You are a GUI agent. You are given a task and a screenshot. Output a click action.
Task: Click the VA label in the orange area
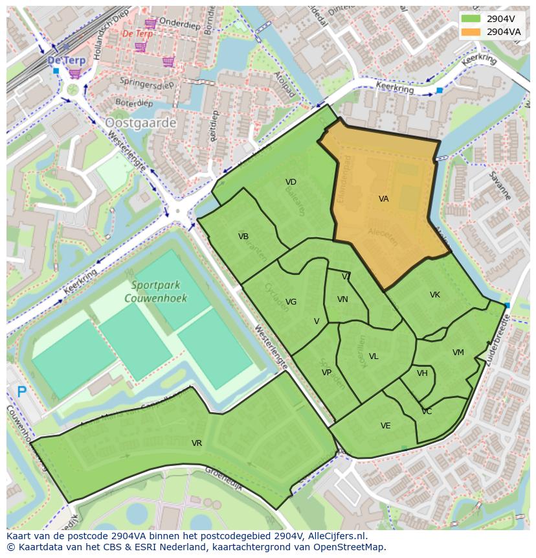point(384,199)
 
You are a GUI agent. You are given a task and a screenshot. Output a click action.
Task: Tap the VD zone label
point(291,182)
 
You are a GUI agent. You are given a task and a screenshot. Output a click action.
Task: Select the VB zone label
point(243,237)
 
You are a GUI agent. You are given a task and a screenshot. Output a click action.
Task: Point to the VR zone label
point(197,443)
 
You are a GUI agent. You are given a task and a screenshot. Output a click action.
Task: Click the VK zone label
point(435,295)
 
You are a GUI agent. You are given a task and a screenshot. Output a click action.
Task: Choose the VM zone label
point(458,353)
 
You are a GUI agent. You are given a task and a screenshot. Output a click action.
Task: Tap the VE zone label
point(386,426)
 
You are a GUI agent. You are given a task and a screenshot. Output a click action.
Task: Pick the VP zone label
point(326,373)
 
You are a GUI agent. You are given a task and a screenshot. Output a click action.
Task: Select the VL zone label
point(374,356)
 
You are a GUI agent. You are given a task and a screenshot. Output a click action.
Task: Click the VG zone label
point(291,302)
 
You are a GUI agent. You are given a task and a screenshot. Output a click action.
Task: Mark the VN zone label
point(342,299)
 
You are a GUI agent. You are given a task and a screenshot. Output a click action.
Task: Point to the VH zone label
point(422,373)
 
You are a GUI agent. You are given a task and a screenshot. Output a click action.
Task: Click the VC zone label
point(427,412)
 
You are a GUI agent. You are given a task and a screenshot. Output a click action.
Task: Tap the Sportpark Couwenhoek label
point(159,292)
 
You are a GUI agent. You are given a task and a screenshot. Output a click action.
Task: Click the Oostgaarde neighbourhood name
point(140,122)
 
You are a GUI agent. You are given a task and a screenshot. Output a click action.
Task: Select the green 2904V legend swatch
point(471,19)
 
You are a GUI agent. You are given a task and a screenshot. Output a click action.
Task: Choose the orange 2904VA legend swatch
point(471,32)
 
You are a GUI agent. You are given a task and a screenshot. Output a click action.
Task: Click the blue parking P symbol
point(22,391)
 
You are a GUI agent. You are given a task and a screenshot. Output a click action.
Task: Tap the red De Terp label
point(137,33)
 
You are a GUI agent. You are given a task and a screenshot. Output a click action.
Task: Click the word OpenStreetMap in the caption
point(348,547)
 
